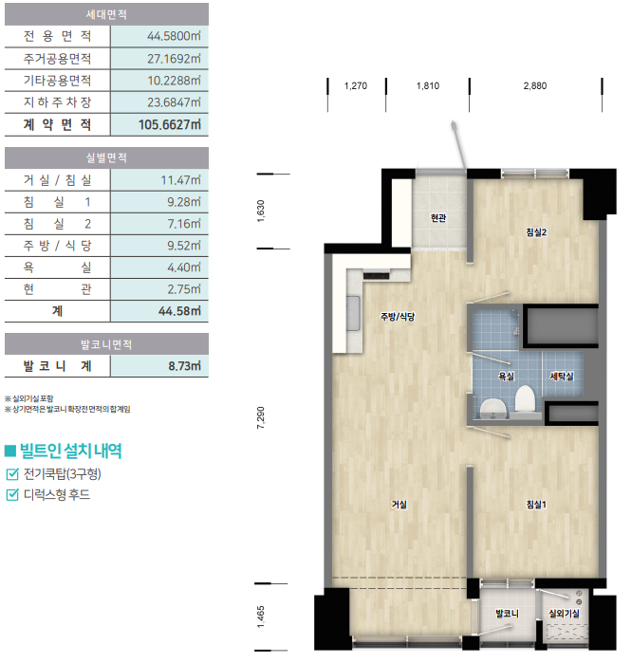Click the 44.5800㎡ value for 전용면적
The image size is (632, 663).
[x=174, y=36]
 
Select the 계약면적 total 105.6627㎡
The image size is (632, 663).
[x=170, y=125]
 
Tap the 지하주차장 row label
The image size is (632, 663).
[x=57, y=102]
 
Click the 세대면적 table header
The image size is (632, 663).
[x=106, y=14]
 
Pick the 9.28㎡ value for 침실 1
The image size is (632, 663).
[x=184, y=202]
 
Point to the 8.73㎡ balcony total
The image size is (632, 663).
[x=184, y=366]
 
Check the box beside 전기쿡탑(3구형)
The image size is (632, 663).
[x=12, y=473]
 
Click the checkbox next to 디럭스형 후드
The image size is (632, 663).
[x=12, y=494]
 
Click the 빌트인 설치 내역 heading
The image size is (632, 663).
[x=70, y=451]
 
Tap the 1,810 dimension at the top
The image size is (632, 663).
[x=428, y=85]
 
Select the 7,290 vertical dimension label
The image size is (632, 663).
[x=261, y=417]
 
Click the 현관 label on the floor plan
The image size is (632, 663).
[x=438, y=218]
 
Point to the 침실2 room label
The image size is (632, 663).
[x=536, y=232]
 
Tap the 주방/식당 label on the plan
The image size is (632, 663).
[x=398, y=316]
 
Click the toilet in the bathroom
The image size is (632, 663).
[x=525, y=399]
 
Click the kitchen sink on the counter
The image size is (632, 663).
[x=353, y=313]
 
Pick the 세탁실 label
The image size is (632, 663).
[x=562, y=376]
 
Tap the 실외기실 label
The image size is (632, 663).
[x=564, y=613]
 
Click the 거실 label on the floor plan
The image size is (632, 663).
[x=399, y=504]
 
